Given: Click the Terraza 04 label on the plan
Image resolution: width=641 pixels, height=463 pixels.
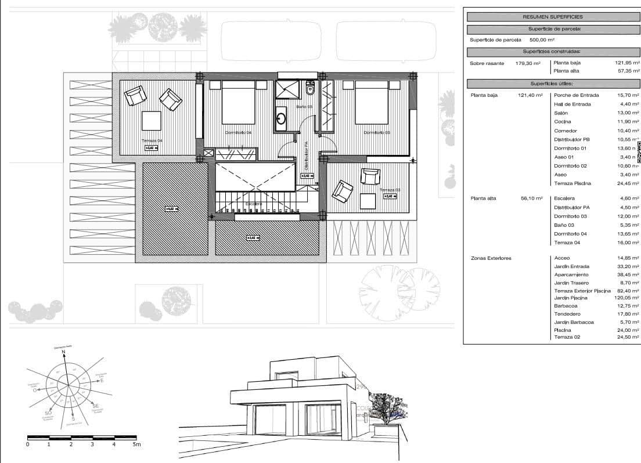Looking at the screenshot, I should coord(152,141).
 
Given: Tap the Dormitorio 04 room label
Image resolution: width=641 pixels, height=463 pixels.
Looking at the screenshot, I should coord(238,133).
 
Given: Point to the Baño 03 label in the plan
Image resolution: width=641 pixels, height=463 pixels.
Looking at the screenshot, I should coord(304,107).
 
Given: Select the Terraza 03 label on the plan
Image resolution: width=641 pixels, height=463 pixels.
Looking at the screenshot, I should coord(390,190).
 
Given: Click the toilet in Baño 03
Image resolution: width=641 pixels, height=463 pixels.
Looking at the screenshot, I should coord(310,90).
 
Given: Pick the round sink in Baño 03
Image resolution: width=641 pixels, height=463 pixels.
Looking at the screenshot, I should coord(281,119).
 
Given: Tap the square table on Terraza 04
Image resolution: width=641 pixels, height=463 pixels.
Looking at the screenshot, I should coord(152,120).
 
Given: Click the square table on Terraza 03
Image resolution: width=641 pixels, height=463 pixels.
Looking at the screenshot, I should coord(368,201).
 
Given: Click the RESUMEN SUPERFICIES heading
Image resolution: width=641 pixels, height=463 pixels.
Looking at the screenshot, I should coord(552,17).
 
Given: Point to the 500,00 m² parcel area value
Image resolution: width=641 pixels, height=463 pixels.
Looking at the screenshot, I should coord(542,40).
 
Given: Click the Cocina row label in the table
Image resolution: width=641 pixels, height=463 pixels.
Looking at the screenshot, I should coord(563,122).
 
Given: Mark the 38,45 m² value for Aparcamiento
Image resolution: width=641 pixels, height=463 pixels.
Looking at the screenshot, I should coord(628,274).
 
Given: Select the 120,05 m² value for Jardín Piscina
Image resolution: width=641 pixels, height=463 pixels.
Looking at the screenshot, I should coord(626,298).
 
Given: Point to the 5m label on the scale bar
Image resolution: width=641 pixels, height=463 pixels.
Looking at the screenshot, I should coord(136,444).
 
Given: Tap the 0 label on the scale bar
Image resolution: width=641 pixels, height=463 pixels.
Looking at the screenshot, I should coord(27,444).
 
